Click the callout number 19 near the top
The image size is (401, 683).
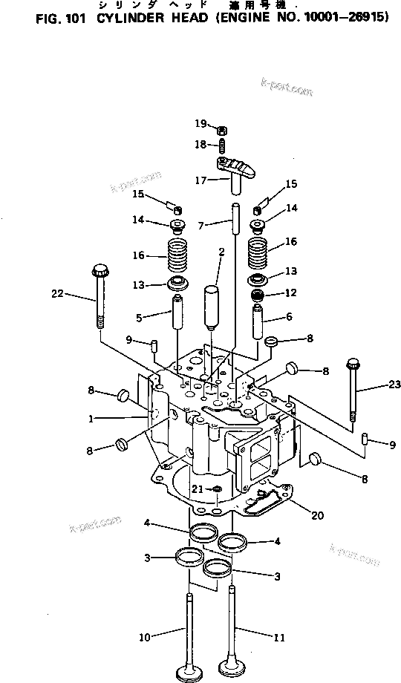point(200,122)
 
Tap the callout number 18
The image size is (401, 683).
point(200,143)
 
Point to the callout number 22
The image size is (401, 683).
point(58,295)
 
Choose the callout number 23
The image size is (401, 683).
point(394,384)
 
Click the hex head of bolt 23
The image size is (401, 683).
point(353,365)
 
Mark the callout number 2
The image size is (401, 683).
point(221,252)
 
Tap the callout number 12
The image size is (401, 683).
point(290,293)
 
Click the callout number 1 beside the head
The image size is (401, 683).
point(91,419)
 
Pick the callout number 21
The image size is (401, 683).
point(196,488)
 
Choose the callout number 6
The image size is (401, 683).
point(288,316)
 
